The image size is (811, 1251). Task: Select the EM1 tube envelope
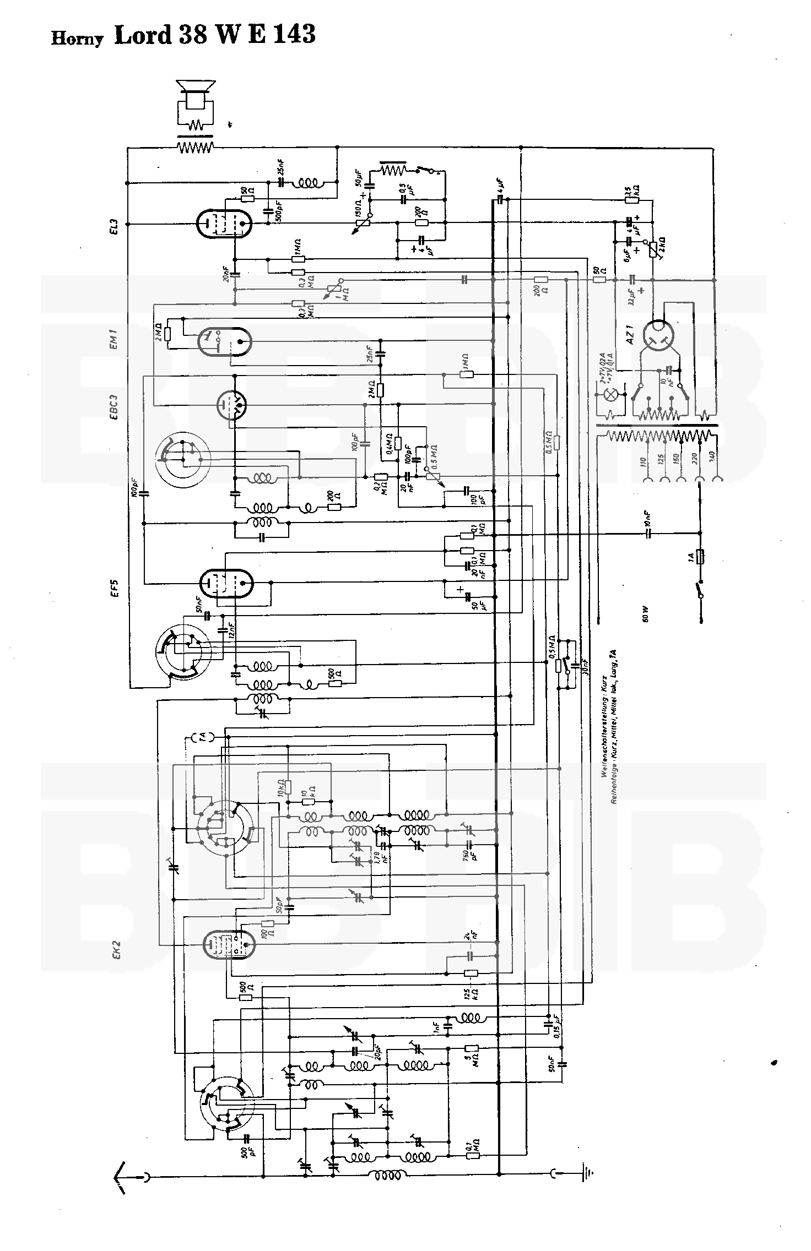click(x=224, y=341)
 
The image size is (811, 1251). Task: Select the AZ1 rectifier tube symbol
click(x=660, y=336)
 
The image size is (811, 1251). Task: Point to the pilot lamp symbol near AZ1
click(x=610, y=394)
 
